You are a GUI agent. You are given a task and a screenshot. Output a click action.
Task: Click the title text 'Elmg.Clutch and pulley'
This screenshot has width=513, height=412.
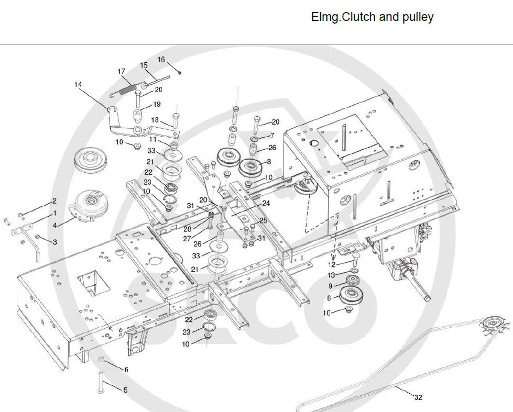(372, 17)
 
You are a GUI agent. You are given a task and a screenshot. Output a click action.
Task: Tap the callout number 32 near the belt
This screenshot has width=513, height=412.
(418, 397)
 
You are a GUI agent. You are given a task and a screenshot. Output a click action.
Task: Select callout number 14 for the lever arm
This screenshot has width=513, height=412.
(78, 84)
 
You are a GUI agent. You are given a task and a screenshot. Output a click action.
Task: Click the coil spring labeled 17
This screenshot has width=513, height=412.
(126, 86)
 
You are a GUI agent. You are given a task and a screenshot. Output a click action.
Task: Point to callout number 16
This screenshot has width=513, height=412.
(161, 60)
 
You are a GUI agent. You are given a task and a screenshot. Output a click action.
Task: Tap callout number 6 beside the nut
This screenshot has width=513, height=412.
(126, 369)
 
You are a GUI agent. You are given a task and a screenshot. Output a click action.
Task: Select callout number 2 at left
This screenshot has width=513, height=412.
(53, 201)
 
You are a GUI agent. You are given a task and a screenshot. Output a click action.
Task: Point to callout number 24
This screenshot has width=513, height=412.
(266, 203)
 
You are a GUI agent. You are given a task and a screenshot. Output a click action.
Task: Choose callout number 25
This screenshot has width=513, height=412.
(263, 220)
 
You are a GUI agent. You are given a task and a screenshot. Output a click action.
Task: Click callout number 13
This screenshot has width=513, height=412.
(331, 275)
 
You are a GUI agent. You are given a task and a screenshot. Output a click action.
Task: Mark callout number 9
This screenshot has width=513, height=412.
(330, 286)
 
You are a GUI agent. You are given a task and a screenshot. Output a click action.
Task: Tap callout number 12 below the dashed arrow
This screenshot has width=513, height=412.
(331, 265)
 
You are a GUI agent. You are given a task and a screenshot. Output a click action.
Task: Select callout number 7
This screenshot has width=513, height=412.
(272, 135)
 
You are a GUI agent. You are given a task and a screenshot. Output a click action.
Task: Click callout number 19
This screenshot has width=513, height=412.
(157, 104)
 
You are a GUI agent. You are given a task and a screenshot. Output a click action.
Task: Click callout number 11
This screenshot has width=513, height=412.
(152, 139)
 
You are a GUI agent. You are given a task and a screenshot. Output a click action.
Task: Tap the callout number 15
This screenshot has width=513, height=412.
(144, 65)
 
